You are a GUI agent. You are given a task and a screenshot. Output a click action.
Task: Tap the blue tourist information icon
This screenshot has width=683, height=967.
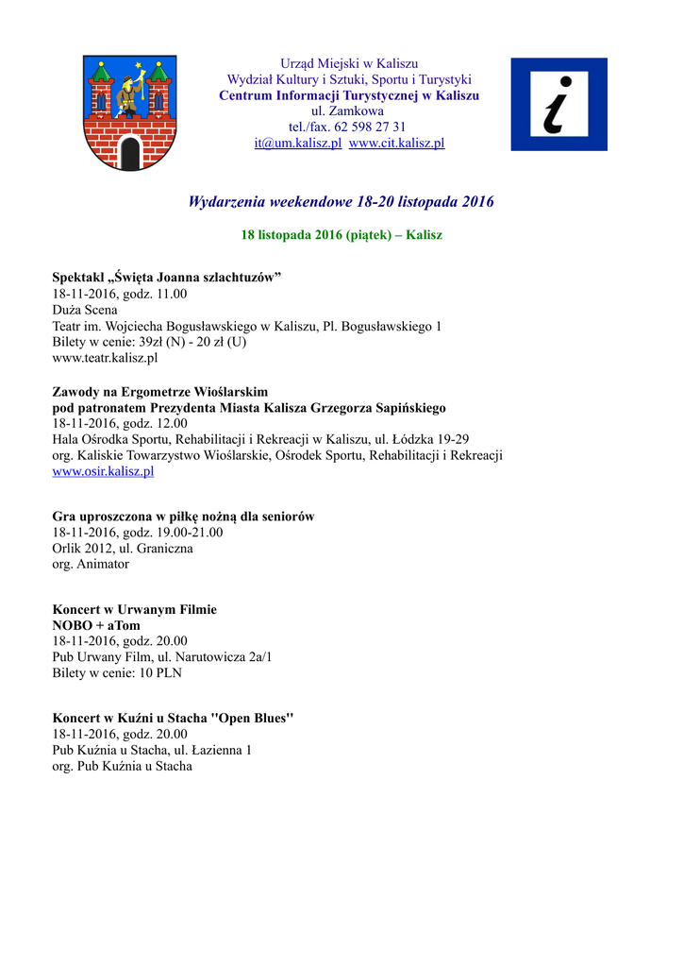[x=558, y=104]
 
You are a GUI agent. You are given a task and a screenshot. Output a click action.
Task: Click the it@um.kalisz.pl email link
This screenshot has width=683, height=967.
[x=297, y=144]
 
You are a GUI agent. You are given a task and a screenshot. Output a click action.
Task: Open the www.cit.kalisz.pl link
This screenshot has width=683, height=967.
[x=396, y=144]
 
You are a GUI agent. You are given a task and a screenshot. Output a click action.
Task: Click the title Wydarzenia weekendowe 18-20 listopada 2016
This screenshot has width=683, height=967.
[x=341, y=202]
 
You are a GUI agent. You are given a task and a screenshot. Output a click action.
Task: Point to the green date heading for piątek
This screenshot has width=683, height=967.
[x=341, y=234]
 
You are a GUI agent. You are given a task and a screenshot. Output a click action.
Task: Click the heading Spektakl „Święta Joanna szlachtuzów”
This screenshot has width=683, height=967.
[x=167, y=277]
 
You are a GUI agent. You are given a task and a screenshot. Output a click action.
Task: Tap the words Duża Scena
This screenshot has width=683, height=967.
[x=85, y=310]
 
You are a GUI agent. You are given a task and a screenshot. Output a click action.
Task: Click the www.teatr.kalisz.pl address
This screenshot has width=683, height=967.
[x=105, y=358]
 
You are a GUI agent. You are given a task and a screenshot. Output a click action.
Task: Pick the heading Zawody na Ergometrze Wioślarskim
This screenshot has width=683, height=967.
[x=159, y=391]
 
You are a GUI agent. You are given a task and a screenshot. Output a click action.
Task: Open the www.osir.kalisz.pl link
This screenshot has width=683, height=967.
[x=103, y=471]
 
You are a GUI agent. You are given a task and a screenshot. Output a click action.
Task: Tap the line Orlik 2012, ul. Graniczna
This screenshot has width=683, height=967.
[x=123, y=548]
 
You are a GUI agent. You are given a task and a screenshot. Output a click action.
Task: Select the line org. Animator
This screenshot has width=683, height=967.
[x=91, y=564]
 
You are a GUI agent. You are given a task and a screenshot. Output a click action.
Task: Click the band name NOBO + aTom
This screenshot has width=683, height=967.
[x=96, y=625]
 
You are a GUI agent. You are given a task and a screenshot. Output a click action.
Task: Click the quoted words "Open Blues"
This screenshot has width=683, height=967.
[x=256, y=718]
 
